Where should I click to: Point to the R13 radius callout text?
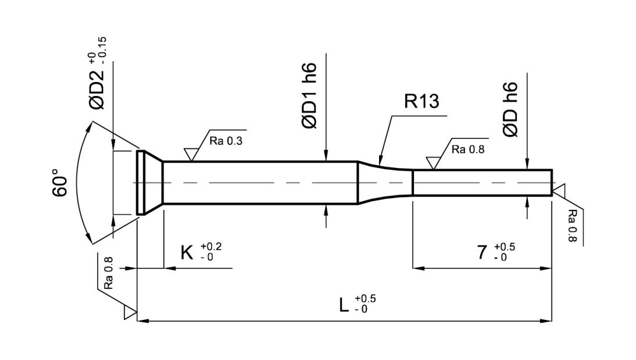tap(421, 101)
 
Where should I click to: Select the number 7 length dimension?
tap(482, 253)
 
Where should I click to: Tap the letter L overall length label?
tap(345, 304)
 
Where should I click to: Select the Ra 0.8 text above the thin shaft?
tap(467, 149)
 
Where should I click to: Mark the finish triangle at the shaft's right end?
tap(558, 190)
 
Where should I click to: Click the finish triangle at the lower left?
tap(129, 313)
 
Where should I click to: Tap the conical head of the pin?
tap(150, 183)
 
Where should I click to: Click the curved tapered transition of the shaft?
tap(384, 183)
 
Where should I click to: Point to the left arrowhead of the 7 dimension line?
tap(417, 268)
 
